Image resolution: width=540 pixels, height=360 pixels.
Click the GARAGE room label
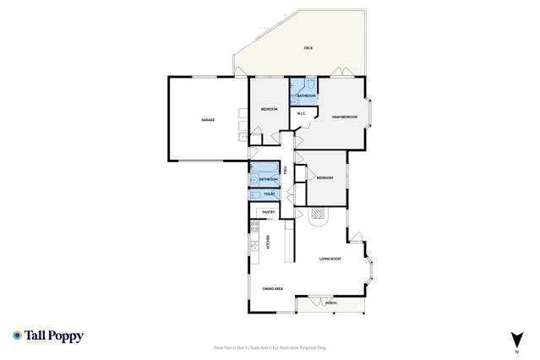(207, 120)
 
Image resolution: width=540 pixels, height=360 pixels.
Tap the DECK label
(308, 48)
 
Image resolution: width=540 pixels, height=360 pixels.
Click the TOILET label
(270, 194)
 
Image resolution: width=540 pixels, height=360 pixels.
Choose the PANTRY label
(269, 211)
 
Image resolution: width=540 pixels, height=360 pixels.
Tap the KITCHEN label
(268, 242)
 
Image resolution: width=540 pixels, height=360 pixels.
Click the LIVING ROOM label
(330, 259)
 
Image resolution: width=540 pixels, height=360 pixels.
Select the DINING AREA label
(272, 289)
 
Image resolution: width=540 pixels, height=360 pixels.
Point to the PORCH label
(330, 302)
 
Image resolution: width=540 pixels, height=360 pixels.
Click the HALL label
(286, 170)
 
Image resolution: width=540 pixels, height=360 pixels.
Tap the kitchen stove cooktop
(254, 226)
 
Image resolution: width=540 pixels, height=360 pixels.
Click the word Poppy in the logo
(67, 335)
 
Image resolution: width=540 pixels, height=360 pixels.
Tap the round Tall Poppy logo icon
(17, 335)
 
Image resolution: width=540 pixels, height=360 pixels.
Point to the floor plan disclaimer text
(270, 347)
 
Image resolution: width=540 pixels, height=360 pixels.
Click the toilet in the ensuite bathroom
(311, 85)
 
